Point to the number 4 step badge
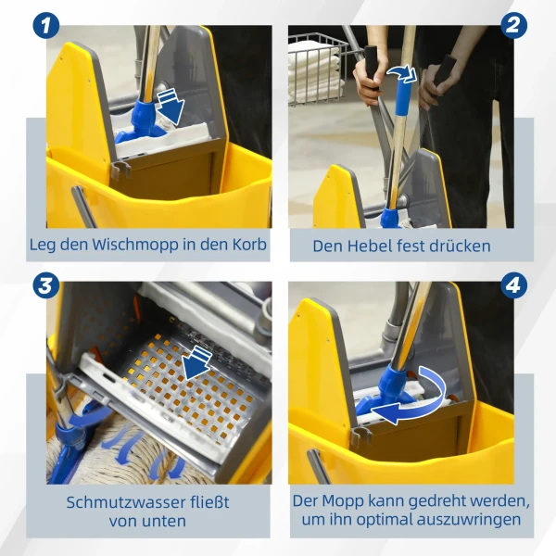click(x=513, y=283)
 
